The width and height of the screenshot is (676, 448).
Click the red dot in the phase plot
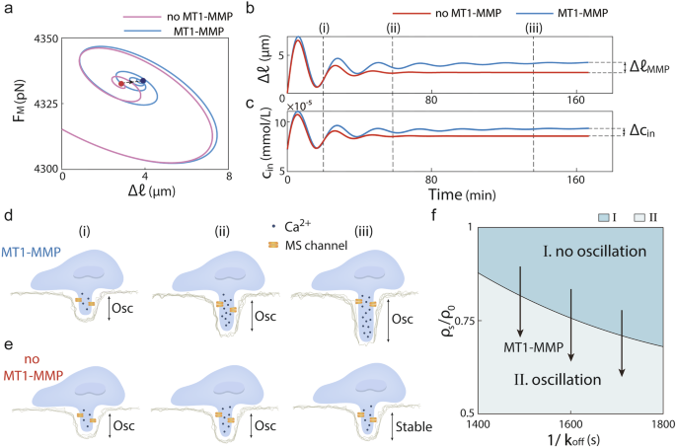click(x=121, y=84)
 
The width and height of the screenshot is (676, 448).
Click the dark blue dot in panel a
click(x=143, y=80)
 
